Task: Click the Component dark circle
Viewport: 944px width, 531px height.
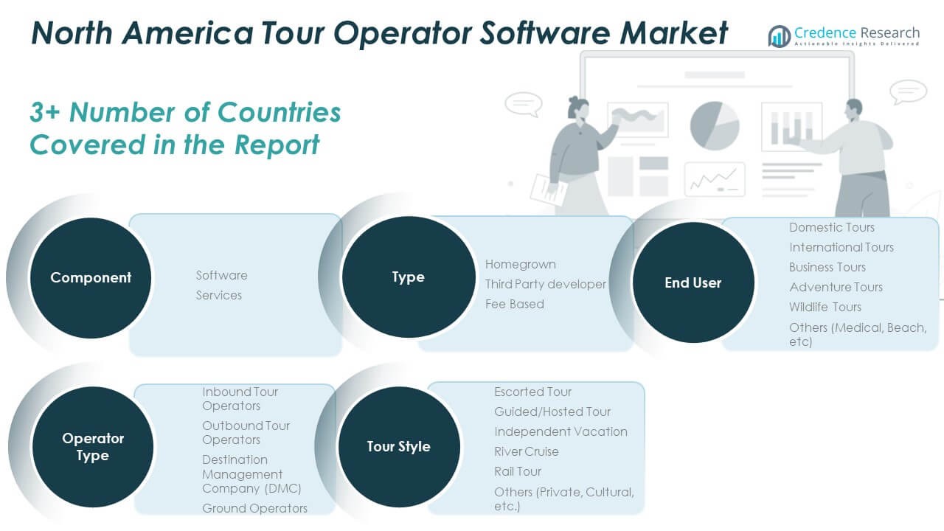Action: pyautogui.click(x=91, y=278)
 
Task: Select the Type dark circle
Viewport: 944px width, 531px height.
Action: pyautogui.click(x=409, y=277)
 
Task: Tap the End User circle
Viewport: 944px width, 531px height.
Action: pyautogui.click(x=693, y=282)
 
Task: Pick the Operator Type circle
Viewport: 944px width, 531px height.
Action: pyautogui.click(x=93, y=447)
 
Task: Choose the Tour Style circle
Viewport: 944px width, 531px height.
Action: pyautogui.click(x=399, y=447)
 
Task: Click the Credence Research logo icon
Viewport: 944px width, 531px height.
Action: pyautogui.click(x=780, y=36)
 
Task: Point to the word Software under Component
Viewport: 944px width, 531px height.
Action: pyautogui.click(x=222, y=275)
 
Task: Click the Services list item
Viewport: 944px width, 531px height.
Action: pyautogui.click(x=219, y=295)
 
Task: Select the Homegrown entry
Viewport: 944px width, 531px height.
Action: pyautogui.click(x=521, y=264)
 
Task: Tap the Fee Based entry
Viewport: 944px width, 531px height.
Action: pyautogui.click(x=515, y=304)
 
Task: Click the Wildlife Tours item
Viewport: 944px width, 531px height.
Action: pyautogui.click(x=825, y=307)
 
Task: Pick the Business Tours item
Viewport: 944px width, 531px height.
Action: pyautogui.click(x=827, y=267)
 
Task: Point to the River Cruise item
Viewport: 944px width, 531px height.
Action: pyautogui.click(x=527, y=451)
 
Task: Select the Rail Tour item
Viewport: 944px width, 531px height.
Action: pyautogui.click(x=518, y=471)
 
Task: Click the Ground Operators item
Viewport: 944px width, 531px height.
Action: pyautogui.click(x=254, y=508)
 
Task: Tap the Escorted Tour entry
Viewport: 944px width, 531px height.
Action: pyautogui.click(x=532, y=392)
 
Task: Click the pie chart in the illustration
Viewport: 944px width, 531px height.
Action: pyautogui.click(x=715, y=125)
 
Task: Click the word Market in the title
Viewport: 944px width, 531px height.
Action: pyautogui.click(x=673, y=33)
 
